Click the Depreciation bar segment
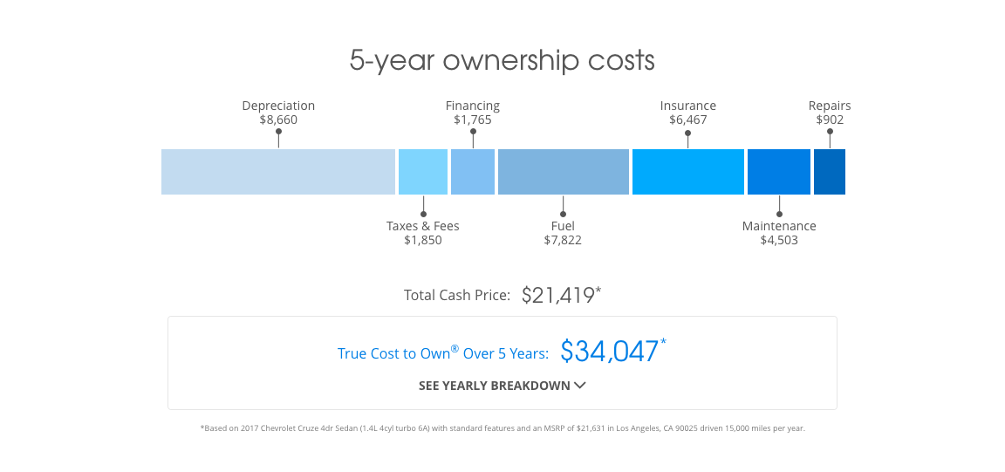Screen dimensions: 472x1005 278,172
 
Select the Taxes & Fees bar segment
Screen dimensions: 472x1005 423,172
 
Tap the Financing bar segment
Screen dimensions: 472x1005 473,172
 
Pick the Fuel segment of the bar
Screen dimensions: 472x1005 564,172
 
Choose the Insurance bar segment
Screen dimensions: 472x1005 688,172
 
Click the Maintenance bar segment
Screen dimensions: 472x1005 779,172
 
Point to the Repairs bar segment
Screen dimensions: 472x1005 830,172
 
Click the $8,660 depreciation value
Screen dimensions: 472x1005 278,120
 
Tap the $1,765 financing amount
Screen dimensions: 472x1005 473,120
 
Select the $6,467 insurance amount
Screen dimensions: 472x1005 688,120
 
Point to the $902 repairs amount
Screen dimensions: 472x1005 830,120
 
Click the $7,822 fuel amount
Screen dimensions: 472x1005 563,240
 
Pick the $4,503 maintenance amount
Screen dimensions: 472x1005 779,240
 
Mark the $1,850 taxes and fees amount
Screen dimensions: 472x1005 423,240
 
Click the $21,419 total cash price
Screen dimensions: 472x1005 558,295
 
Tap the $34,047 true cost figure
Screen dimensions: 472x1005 610,352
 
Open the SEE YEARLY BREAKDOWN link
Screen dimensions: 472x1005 495,386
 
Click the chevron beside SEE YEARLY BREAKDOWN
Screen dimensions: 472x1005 580,386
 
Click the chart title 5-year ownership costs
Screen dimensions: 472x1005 502,61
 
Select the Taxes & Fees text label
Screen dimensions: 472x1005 423,226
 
